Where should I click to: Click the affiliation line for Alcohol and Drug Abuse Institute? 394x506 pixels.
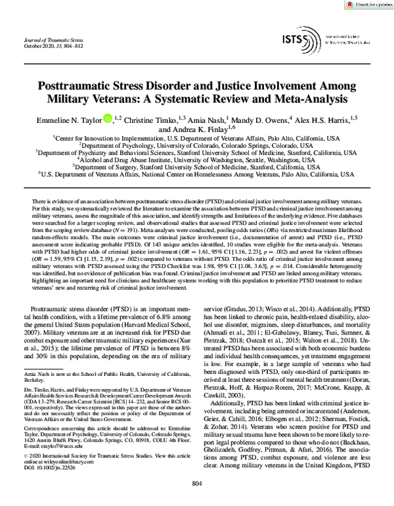[x=197, y=159]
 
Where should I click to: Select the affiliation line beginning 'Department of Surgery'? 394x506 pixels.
[x=197, y=167]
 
